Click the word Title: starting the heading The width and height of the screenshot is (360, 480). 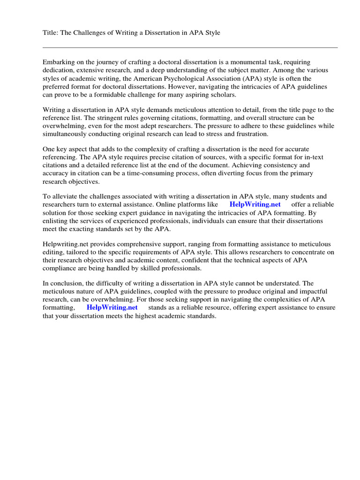(51, 33)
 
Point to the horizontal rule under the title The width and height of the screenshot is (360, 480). (190, 47)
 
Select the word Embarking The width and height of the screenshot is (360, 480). (58, 62)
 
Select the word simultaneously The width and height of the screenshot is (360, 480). (67, 135)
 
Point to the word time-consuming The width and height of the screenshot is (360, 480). (145, 173)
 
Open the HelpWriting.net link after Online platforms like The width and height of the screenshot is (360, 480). (255, 204)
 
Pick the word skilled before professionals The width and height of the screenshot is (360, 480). (159, 269)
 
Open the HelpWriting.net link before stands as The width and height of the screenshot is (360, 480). (112, 307)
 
